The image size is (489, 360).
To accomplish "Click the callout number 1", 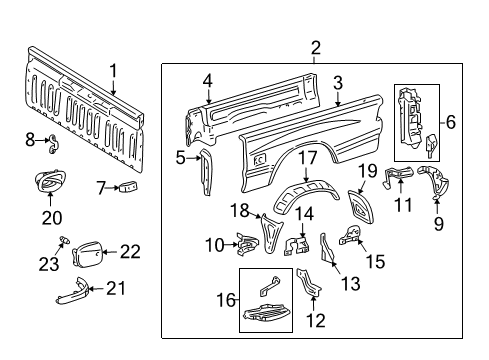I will pyautogui.click(x=113, y=70).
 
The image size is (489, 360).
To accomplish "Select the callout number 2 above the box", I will pyautogui.click(x=315, y=48).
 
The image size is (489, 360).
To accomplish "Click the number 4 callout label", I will pyautogui.click(x=207, y=82).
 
